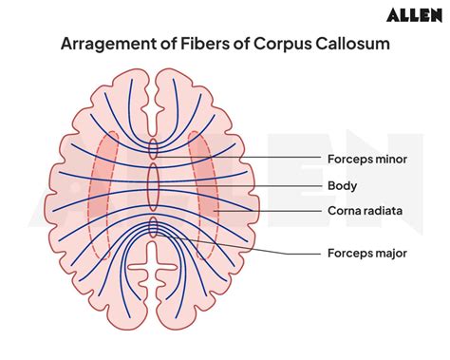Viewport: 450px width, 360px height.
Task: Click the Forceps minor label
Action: tap(366, 159)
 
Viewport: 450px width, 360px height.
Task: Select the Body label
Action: tap(342, 185)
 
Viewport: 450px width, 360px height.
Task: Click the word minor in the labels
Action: tap(390, 159)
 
